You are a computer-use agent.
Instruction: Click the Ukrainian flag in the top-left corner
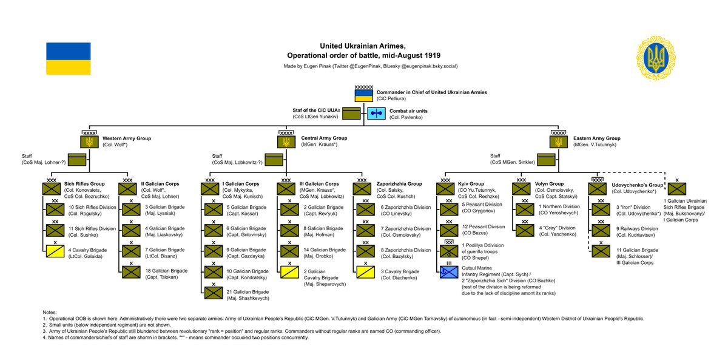[68, 58]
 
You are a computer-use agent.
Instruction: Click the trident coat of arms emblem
[656, 58]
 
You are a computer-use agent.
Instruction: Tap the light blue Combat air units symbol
[376, 114]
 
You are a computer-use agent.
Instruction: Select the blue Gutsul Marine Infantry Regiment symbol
[449, 272]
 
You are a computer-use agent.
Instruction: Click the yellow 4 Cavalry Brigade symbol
[55, 251]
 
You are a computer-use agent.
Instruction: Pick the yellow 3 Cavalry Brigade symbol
[366, 272]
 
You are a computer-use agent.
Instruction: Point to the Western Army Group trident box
[89, 142]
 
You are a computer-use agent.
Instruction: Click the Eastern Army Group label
[597, 138]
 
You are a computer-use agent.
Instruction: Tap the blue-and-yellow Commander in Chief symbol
[363, 95]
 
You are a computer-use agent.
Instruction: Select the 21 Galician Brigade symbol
[214, 293]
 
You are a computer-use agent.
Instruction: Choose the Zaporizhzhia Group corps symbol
[362, 189]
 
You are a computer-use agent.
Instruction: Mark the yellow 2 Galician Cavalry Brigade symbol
[289, 272]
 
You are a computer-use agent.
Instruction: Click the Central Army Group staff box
[274, 160]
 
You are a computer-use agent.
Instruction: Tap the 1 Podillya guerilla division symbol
[449, 251]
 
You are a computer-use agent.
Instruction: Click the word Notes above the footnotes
[49, 312]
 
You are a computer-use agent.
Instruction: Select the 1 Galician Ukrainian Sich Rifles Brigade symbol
[677, 189]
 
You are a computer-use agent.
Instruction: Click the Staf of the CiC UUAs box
[351, 114]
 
